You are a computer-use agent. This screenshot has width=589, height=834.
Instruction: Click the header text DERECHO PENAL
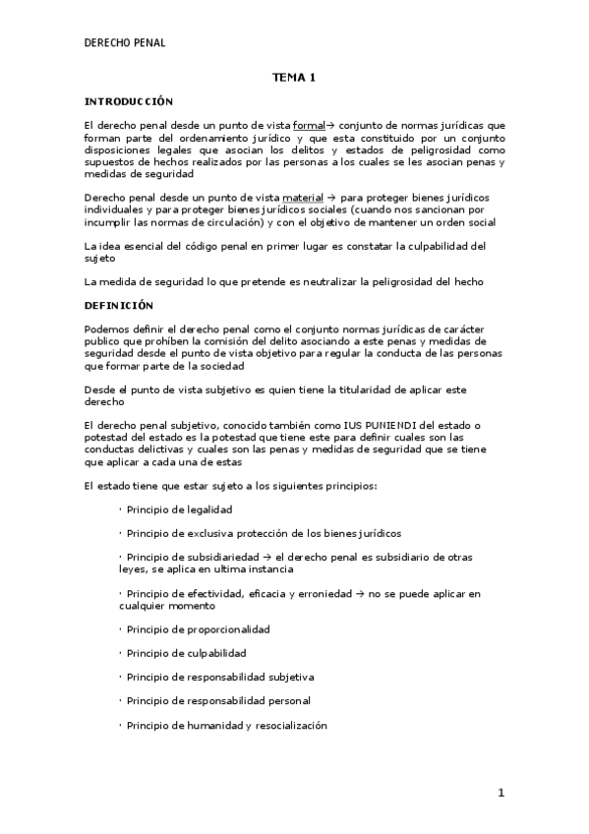click(125, 42)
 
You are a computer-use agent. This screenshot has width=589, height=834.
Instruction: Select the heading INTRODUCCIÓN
click(129, 101)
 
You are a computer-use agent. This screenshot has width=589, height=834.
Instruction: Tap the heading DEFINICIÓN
click(120, 305)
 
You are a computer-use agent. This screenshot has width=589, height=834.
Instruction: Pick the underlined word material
click(303, 198)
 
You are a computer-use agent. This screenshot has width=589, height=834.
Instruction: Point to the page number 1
click(500, 793)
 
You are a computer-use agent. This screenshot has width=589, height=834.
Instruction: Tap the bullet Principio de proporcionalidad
click(198, 628)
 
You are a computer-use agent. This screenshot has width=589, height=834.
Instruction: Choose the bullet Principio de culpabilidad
click(186, 653)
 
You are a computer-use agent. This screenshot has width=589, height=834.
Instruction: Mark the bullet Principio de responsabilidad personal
click(218, 700)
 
